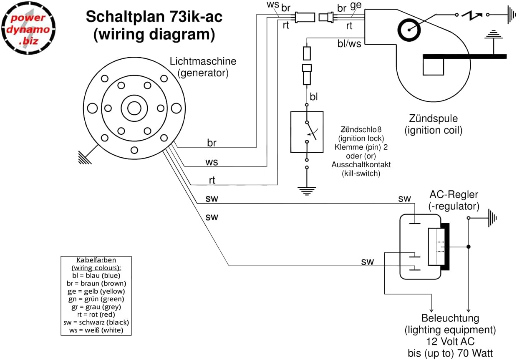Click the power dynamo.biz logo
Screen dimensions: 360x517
[x=28, y=28]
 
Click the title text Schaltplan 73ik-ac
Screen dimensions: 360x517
[x=154, y=17]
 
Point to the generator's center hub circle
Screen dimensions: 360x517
[x=134, y=108]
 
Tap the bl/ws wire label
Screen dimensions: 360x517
[x=349, y=43]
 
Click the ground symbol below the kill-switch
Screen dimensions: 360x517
[x=307, y=191]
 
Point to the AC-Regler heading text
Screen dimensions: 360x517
[x=454, y=195]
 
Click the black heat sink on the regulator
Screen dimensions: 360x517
[x=446, y=246]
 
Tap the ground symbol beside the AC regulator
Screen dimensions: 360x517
[x=492, y=218]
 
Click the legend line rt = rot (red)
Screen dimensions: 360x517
[x=96, y=315]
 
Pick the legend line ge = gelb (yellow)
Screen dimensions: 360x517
[x=96, y=291]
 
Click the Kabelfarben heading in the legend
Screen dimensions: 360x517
[x=96, y=259]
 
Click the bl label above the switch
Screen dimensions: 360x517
[x=313, y=97]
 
